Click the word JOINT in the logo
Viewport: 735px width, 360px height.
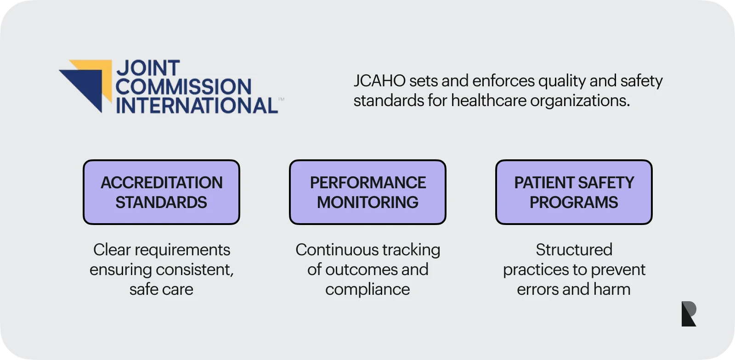pos(148,68)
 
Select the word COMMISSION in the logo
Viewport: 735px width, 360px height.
pos(183,87)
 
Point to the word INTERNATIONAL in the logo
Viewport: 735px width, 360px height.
pos(197,106)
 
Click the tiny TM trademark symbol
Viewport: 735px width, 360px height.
pos(281,99)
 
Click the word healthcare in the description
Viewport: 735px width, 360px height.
pos(488,101)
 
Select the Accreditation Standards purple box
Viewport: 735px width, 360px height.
pos(161,192)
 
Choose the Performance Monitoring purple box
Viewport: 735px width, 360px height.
pos(367,192)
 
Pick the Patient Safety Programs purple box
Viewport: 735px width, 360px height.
pos(574,192)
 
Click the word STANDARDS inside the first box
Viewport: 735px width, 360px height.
pos(161,202)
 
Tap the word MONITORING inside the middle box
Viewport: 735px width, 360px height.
pos(367,202)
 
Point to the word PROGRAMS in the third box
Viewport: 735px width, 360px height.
pos(574,202)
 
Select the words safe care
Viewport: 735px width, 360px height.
pos(161,289)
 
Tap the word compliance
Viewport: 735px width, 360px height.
pos(367,289)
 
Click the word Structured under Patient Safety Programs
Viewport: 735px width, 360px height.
pos(574,250)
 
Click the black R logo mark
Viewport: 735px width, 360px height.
pos(688,314)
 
